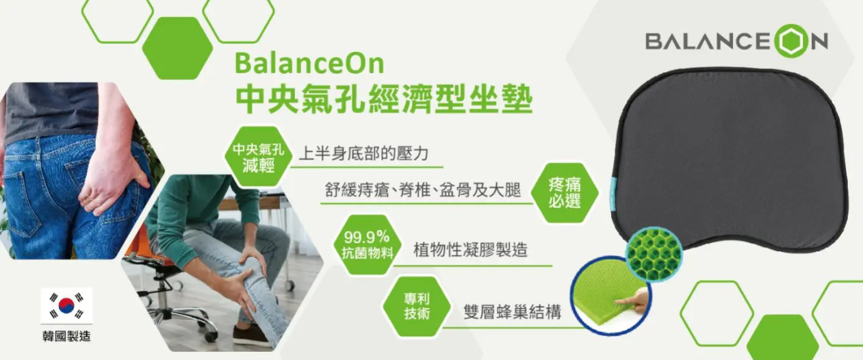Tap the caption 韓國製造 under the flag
66,336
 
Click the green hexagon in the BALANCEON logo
791,41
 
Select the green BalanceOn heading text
309,63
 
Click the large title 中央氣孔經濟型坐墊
384,99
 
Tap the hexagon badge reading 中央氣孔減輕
258,157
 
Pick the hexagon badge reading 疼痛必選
565,193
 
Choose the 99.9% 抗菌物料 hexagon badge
367,245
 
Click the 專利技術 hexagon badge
417,307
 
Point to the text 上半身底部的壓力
363,153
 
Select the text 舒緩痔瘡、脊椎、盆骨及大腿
423,190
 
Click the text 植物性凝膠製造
470,249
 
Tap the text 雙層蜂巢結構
512,311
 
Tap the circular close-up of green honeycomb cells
654,254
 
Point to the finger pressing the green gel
632,300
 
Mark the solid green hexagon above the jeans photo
177,48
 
